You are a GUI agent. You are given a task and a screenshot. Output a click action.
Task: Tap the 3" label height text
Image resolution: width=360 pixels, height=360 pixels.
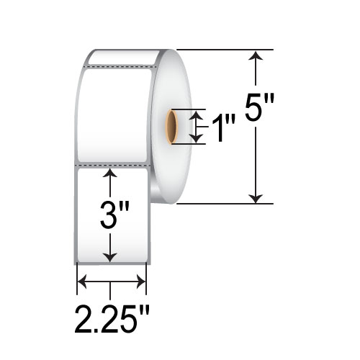[x=113, y=215]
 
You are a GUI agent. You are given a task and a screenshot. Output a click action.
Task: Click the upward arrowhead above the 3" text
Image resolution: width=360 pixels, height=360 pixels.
[x=110, y=174]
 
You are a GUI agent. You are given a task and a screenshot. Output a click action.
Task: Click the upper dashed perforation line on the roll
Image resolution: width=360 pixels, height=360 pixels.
[x=118, y=67]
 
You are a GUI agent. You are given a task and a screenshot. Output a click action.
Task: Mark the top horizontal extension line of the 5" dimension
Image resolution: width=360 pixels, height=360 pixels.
[x=223, y=49]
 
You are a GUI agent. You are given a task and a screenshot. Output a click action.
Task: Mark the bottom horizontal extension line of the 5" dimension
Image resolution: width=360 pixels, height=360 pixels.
[x=223, y=204]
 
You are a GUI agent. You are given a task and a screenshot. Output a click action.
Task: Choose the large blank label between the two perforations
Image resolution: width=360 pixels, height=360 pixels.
[x=113, y=115]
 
